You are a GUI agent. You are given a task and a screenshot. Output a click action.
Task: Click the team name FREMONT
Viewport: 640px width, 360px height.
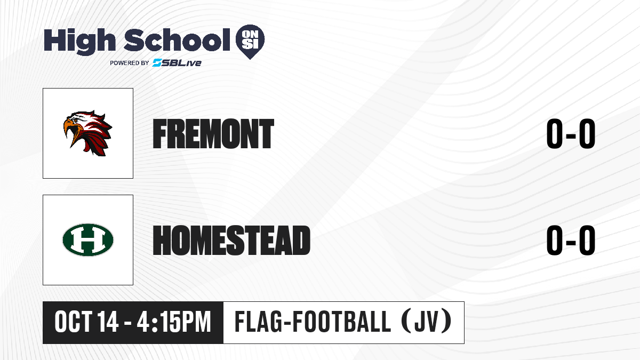(213, 134)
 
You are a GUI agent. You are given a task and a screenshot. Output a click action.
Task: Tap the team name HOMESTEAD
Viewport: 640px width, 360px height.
(231, 241)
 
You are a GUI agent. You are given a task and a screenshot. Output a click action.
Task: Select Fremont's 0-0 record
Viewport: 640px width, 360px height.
(571, 134)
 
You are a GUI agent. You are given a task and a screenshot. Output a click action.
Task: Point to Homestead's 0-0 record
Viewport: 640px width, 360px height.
(571, 241)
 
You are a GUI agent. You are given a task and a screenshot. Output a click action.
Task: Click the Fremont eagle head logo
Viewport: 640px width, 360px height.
(87, 133)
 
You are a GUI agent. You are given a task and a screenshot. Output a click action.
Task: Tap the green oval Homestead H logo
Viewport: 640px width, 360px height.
(88, 239)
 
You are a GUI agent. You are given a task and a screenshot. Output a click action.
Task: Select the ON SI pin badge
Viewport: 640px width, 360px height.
(250, 42)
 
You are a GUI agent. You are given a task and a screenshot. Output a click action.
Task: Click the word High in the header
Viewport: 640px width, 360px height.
(79, 42)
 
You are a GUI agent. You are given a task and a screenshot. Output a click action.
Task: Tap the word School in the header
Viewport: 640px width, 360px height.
(177, 40)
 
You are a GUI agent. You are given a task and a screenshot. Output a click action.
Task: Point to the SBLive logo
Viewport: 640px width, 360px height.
(177, 63)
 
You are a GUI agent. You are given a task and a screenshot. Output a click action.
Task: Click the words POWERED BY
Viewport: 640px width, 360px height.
(130, 63)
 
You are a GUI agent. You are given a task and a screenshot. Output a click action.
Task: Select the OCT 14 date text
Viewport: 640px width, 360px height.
(86, 322)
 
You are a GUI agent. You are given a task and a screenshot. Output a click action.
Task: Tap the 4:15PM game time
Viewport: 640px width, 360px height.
(174, 322)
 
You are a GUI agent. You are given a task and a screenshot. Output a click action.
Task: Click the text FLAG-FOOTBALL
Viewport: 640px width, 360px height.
(313, 322)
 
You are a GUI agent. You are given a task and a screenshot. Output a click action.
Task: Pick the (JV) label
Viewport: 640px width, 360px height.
(427, 322)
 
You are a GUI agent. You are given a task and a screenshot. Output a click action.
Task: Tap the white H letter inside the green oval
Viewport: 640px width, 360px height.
(88, 239)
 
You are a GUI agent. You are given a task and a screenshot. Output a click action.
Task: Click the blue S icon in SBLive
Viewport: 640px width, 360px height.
(157, 63)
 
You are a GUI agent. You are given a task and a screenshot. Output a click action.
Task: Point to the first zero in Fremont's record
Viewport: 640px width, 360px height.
(555, 134)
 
